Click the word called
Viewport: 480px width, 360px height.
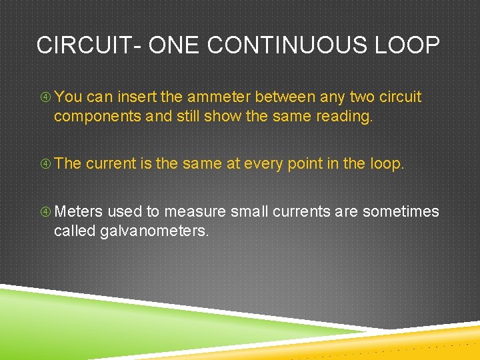tap(74, 231)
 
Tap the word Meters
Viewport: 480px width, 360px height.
tap(78, 212)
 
